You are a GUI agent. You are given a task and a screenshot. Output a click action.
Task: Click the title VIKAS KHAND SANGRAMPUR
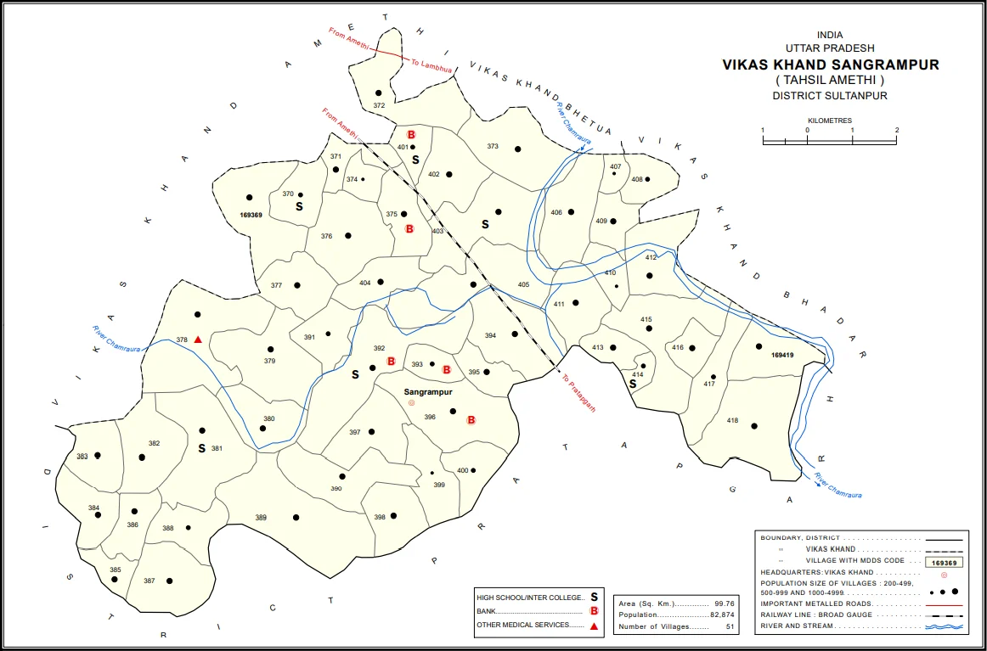[x=831, y=65]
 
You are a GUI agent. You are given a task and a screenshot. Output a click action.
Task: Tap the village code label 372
[x=379, y=105]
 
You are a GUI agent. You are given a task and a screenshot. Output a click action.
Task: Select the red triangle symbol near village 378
[x=198, y=340]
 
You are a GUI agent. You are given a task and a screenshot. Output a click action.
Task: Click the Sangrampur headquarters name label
[x=428, y=393]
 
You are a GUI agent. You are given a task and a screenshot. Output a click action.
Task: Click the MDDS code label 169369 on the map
[x=251, y=216]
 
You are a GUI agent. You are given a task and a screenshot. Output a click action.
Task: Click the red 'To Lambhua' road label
[x=432, y=66]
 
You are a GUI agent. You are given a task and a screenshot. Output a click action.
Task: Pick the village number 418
[x=732, y=421]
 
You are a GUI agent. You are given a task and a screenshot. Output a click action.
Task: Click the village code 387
[x=149, y=581]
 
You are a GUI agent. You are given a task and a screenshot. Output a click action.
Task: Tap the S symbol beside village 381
[x=201, y=448]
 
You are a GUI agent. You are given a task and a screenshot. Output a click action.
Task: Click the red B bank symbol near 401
[x=411, y=135]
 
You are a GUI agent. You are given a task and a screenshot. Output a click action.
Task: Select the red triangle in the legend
[x=595, y=626]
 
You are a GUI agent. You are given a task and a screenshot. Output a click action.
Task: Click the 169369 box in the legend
[x=944, y=562]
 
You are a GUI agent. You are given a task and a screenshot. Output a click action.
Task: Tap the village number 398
[x=380, y=517]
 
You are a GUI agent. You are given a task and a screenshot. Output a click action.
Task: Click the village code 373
[x=493, y=147]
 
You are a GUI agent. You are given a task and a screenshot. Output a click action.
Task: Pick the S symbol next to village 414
[x=633, y=384]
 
